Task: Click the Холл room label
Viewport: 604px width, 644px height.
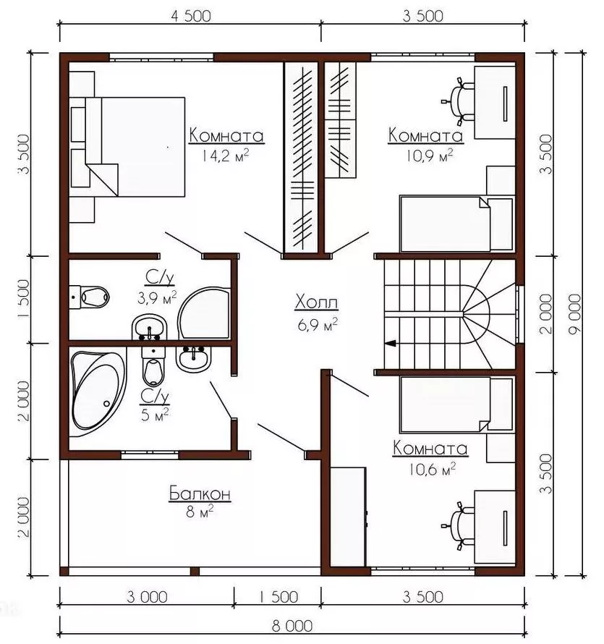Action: (x=317, y=302)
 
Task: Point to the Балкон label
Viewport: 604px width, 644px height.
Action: (x=200, y=493)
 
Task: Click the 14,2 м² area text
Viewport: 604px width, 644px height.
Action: (x=226, y=156)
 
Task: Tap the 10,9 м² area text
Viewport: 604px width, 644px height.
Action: (x=430, y=156)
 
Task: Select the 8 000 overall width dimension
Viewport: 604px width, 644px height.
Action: (x=292, y=627)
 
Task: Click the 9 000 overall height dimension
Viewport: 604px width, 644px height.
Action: (x=575, y=314)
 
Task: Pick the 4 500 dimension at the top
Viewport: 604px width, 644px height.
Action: (x=191, y=16)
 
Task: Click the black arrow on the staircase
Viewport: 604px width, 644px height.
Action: (x=390, y=343)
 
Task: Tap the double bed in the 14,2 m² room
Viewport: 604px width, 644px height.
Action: (x=127, y=147)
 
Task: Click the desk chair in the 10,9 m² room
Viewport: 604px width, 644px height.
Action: (x=459, y=101)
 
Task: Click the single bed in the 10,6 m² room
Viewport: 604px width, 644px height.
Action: (x=457, y=404)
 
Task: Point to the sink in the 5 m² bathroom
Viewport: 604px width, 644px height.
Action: (x=193, y=359)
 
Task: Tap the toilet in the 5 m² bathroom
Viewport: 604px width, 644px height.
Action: (x=153, y=366)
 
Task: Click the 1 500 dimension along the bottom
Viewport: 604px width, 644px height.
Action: (x=278, y=597)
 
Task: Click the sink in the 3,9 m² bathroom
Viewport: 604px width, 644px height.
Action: (x=150, y=327)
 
